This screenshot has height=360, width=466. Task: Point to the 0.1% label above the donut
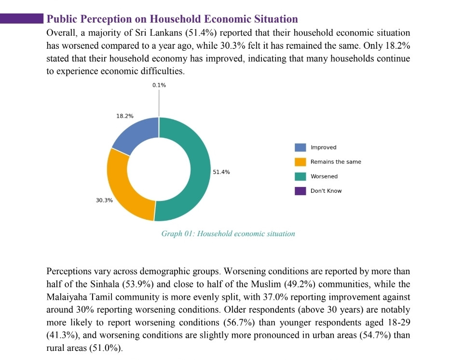coord(159,85)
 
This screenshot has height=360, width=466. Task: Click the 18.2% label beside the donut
coord(125,116)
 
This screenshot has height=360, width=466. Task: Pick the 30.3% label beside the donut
coord(104,200)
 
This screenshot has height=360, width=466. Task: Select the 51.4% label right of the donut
coord(221,172)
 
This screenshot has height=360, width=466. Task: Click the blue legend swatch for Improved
coord(300,147)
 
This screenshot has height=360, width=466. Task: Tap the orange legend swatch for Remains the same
coord(300,162)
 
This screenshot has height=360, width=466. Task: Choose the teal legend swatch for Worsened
coord(300,176)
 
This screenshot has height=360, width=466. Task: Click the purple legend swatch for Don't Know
coord(300,191)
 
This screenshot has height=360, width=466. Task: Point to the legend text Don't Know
coord(326,191)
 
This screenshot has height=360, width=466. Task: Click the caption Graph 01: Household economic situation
coord(228,234)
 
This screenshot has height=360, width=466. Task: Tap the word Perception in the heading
coord(106,19)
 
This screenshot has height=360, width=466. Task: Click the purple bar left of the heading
coord(22,18)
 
